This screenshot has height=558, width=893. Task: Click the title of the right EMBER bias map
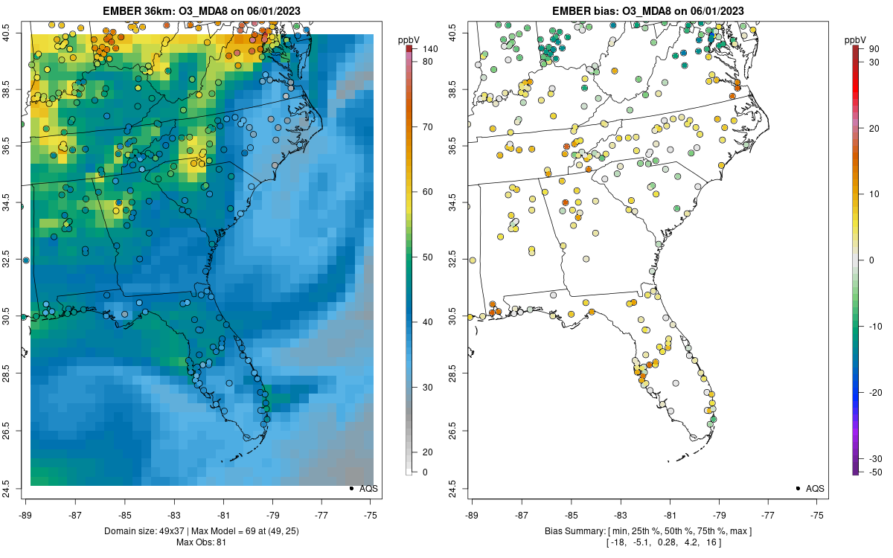[x=649, y=11]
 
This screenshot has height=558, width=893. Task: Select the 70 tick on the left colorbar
[x=429, y=126]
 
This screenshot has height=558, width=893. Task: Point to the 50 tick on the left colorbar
[x=429, y=257]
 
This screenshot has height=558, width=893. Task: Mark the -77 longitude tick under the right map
[x=769, y=514]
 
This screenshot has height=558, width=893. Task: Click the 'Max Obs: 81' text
[x=201, y=542]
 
